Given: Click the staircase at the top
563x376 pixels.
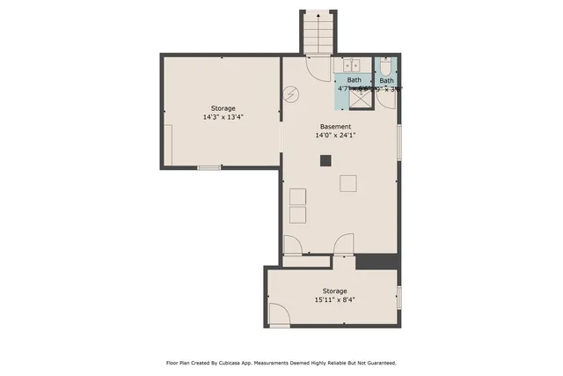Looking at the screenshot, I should pyautogui.click(x=318, y=33).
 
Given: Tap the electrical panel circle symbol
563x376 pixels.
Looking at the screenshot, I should pyautogui.click(x=291, y=94).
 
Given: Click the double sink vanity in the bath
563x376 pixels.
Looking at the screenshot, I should pyautogui.click(x=353, y=65).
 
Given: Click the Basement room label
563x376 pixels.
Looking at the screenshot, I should pyautogui.click(x=335, y=126).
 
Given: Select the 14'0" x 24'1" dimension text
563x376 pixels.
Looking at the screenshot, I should pyautogui.click(x=335, y=136).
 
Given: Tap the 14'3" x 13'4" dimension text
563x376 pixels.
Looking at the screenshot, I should pyautogui.click(x=223, y=116).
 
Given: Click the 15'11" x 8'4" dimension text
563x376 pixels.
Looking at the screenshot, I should pyautogui.click(x=334, y=299).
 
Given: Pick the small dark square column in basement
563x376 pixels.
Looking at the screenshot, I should pyautogui.click(x=325, y=160).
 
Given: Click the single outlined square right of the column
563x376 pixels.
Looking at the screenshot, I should pyautogui.click(x=349, y=182).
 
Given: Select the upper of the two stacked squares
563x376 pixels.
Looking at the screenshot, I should pyautogui.click(x=297, y=195).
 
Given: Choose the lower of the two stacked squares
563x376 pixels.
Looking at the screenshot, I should pyautogui.click(x=297, y=214).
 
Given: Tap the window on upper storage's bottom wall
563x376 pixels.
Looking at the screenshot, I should pyautogui.click(x=208, y=167).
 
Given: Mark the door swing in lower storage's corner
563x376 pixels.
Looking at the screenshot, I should pyautogui.click(x=279, y=314).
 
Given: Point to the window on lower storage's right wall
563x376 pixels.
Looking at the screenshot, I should pyautogui.click(x=399, y=298).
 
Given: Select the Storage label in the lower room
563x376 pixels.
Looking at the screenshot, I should pyautogui.click(x=334, y=291).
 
